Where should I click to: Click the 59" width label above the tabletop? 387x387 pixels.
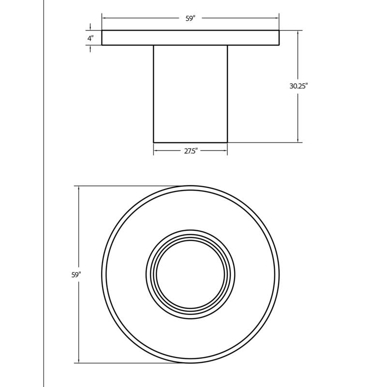point(190,18)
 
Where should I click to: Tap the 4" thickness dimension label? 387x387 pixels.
point(90,38)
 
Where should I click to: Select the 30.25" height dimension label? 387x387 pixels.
point(298,86)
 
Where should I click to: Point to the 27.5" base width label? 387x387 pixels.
point(191,151)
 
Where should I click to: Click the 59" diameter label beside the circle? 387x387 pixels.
point(76,275)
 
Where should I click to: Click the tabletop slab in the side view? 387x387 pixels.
point(191,38)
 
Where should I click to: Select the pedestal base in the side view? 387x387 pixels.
point(190,94)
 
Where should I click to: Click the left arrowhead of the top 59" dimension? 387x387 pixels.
point(104,18)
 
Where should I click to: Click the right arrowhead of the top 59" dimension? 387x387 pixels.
point(277,18)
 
